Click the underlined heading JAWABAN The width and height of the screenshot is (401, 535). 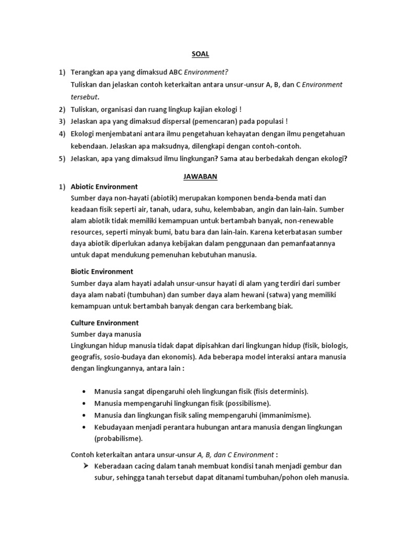[x=200, y=177]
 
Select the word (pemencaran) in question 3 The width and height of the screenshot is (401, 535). [x=219, y=122]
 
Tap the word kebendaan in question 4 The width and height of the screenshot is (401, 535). [x=89, y=146]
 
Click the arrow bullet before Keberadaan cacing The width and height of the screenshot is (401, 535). [x=85, y=466]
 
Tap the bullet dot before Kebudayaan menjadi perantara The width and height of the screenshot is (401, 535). [x=85, y=427]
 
